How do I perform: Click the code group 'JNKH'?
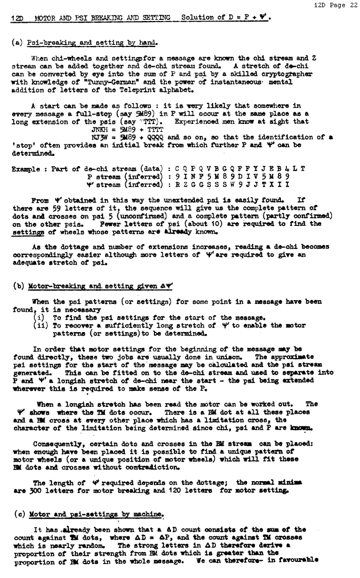100,129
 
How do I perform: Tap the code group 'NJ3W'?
100,137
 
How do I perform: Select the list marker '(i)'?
40,318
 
